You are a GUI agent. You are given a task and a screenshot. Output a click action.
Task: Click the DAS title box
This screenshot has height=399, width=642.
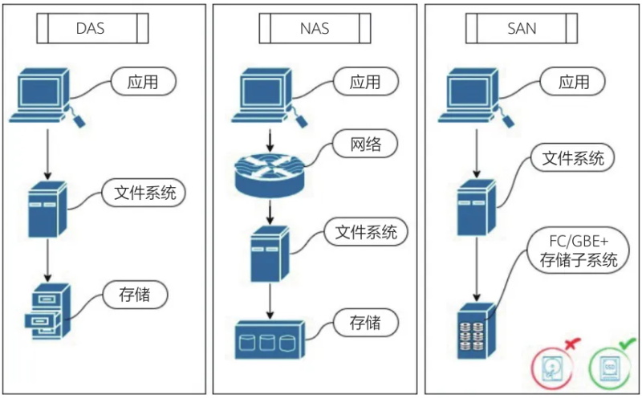tap(91, 31)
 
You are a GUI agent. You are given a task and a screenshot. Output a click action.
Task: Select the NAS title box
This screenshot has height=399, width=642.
tap(314, 31)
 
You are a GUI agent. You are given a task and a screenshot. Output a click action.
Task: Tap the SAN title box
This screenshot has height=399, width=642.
tap(522, 31)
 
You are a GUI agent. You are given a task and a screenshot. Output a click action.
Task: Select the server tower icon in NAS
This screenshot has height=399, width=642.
tap(270, 253)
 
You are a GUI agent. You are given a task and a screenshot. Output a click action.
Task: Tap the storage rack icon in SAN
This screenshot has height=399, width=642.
tap(476, 330)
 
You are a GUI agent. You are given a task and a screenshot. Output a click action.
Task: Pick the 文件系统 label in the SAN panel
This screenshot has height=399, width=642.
tap(573, 158)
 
